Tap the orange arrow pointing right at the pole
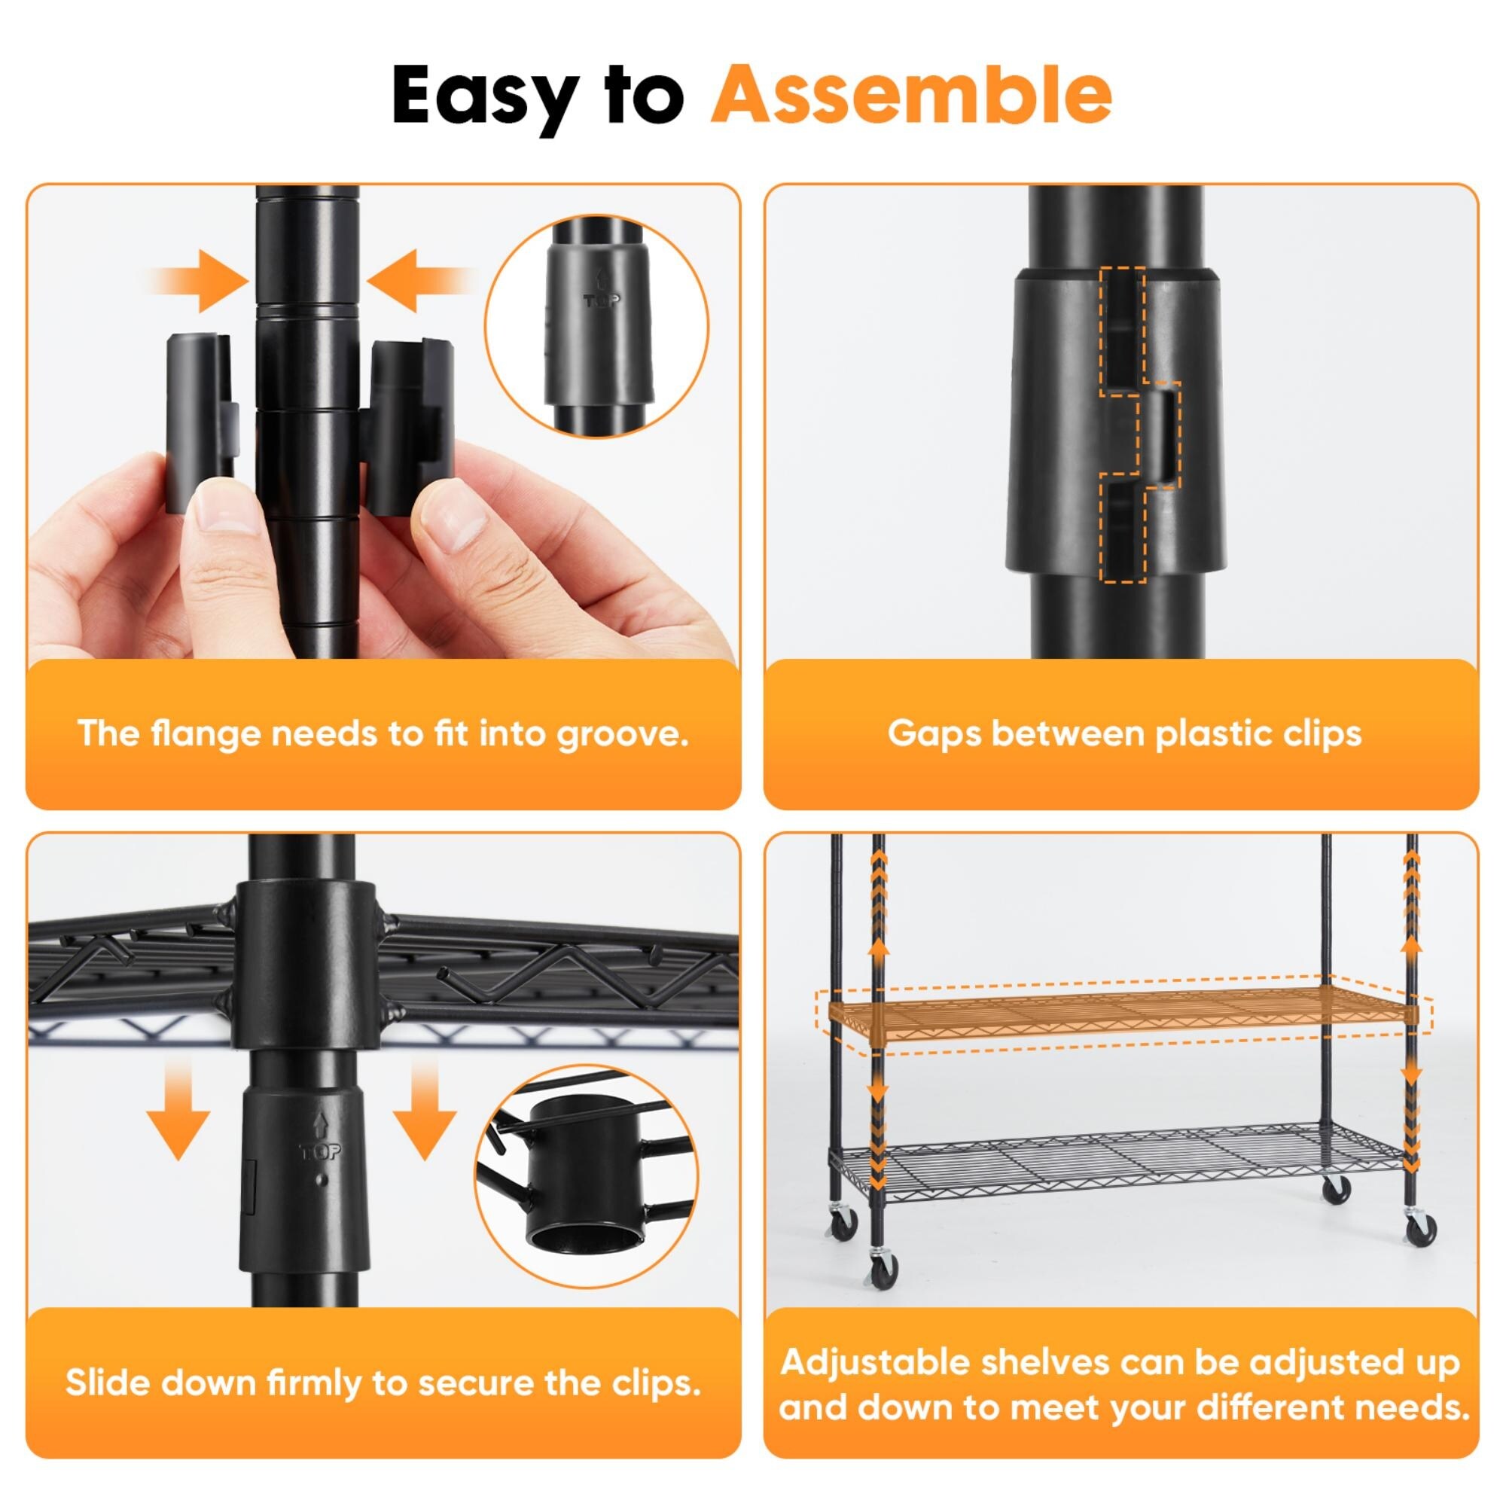(199, 282)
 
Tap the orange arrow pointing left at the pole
(421, 282)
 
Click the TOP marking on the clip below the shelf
(319, 1151)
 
